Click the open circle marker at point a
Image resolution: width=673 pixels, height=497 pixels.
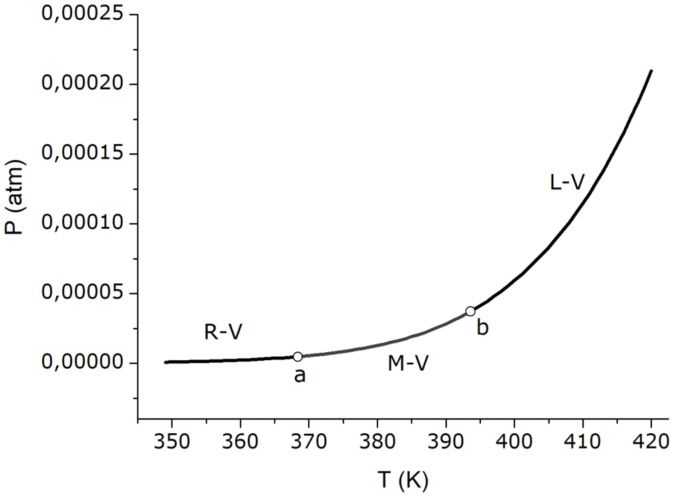point(298,356)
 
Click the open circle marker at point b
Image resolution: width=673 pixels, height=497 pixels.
point(470,311)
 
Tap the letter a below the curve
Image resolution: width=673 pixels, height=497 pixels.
point(300,375)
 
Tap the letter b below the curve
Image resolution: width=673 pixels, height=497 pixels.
point(483,327)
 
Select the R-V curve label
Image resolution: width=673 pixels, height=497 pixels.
point(223,332)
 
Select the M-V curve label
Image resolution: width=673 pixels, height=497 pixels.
point(408,363)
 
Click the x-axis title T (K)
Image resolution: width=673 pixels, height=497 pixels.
point(403,480)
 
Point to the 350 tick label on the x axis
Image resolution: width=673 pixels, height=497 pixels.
point(172,441)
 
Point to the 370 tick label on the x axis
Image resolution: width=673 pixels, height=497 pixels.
point(309,441)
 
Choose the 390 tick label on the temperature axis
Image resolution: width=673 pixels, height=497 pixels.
point(446,441)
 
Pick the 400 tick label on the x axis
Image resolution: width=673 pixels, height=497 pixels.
point(514,441)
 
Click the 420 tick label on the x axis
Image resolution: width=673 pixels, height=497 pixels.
point(651,441)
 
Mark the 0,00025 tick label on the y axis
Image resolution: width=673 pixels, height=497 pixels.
point(82,13)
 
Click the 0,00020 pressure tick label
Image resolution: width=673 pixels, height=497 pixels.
point(82,83)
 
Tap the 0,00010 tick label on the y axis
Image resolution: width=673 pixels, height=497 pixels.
point(82,222)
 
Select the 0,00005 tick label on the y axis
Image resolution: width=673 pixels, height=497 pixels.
point(82,292)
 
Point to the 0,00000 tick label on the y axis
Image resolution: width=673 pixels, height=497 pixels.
point(82,362)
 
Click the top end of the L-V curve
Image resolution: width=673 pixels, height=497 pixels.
point(651,71)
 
